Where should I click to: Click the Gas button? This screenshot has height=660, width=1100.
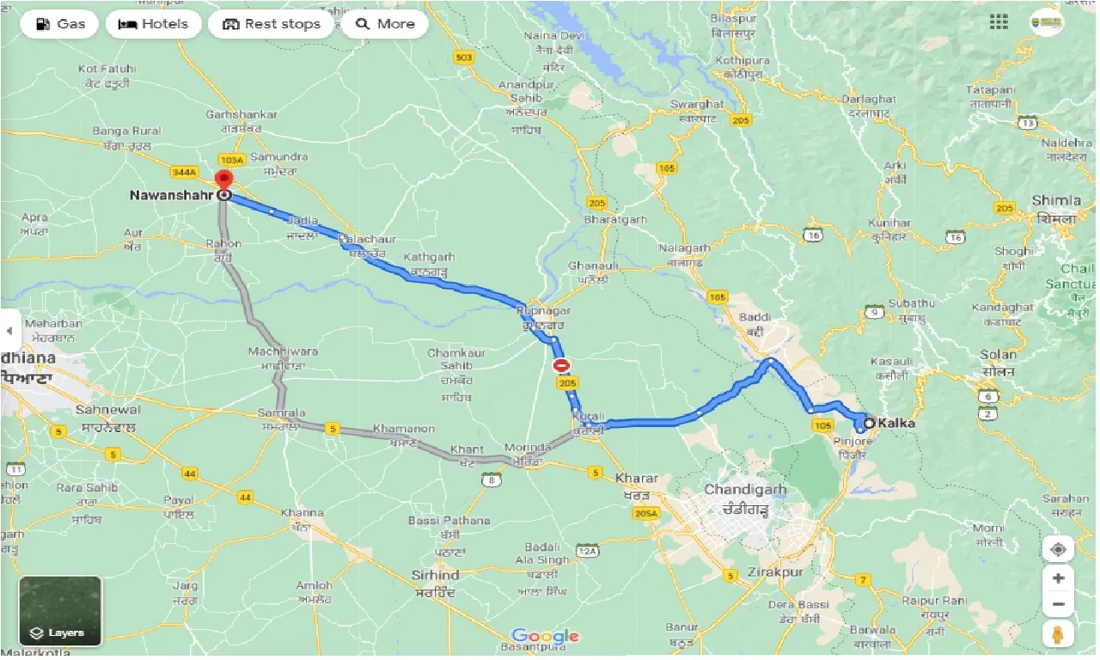59,24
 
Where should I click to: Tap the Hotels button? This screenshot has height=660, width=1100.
153,24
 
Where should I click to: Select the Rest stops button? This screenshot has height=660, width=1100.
271,24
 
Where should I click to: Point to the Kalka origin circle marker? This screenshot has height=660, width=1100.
869,423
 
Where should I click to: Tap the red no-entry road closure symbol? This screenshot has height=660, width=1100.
562,365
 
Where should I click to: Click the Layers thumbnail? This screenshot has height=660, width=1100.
60,610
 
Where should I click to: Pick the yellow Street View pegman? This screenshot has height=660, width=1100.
1058,634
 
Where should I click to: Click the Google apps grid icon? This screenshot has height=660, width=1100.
999,22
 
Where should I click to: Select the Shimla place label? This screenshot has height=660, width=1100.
1056,200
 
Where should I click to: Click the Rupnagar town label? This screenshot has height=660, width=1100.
544,310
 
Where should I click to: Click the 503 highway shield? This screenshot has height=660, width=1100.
464,58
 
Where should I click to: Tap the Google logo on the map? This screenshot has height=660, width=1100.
545,637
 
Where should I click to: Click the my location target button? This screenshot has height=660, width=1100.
1058,549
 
